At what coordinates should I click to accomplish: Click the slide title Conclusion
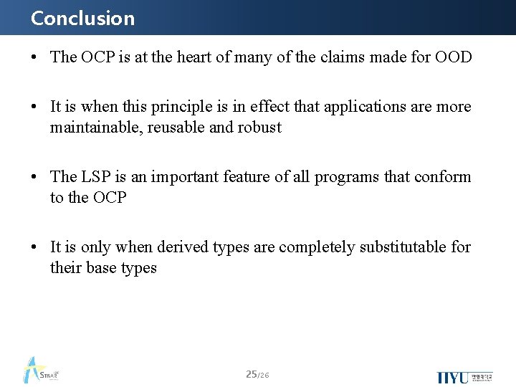[x=82, y=18]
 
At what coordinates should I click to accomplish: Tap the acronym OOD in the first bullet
[x=453, y=57]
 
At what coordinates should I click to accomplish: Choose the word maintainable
[x=96, y=128]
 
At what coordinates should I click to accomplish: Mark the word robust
[x=259, y=128]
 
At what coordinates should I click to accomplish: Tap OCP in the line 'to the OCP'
[x=110, y=198]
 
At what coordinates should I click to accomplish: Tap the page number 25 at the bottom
[x=252, y=374]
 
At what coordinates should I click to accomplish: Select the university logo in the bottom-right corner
[x=464, y=376]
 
